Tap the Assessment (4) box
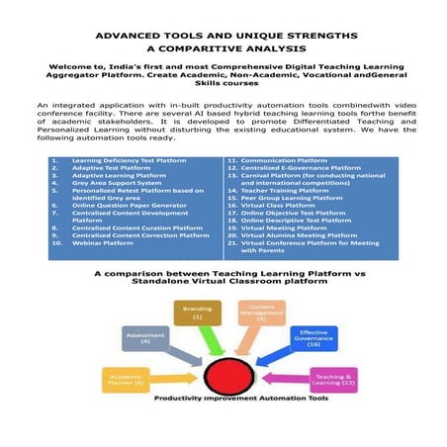click(x=139, y=339)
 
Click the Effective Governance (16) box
click(x=313, y=339)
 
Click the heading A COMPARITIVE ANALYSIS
click(x=223, y=46)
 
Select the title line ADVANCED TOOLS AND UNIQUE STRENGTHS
click(x=223, y=34)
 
